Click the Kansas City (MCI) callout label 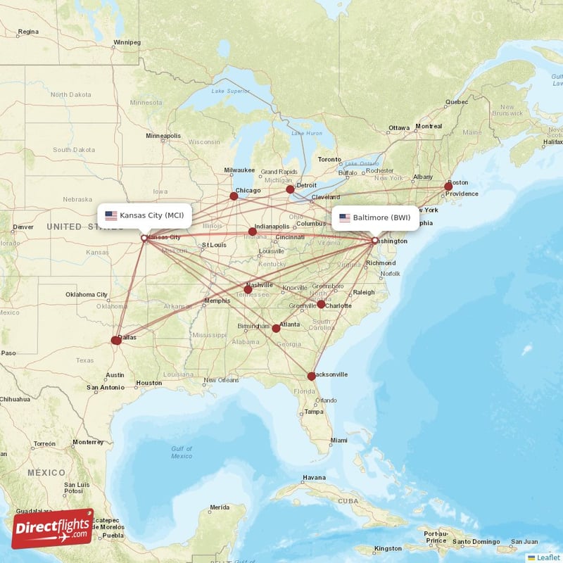[144, 215]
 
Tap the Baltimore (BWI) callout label [374, 217]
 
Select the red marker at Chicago [234, 196]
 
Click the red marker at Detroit [290, 189]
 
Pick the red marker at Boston [448, 186]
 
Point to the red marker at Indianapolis [253, 232]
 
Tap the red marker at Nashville [248, 289]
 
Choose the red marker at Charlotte [321, 304]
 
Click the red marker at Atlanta [276, 329]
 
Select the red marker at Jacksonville [312, 377]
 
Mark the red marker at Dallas [116, 341]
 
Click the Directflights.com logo [52, 529]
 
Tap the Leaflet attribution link [548, 557]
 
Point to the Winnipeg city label [127, 42]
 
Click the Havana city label [314, 478]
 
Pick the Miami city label [339, 441]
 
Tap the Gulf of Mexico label [181, 453]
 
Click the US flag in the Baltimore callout [344, 217]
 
